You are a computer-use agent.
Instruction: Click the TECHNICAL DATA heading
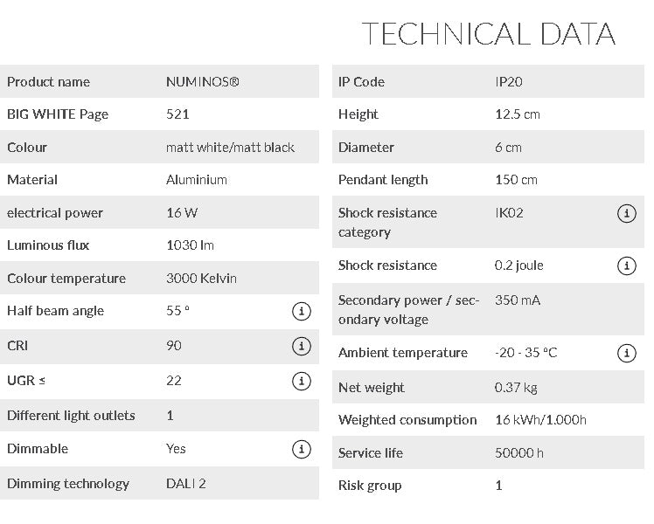coord(488,34)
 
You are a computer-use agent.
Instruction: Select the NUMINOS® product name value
coord(202,82)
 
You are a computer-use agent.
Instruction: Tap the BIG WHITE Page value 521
coord(177,114)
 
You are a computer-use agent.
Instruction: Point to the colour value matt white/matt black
coord(230,148)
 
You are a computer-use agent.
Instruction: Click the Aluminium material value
coord(197,180)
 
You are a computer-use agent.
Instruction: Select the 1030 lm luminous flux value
coord(190,245)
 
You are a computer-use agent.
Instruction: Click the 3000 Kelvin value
coord(201,279)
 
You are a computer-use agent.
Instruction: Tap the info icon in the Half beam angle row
coord(301,312)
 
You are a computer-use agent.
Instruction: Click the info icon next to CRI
coord(301,347)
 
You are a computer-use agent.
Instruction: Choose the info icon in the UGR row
coord(301,381)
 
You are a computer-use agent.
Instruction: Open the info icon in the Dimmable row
coord(301,450)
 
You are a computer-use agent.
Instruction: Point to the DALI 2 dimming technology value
coord(186,484)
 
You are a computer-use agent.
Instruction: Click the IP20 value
coord(509,82)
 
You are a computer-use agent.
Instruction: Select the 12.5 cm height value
coord(518,114)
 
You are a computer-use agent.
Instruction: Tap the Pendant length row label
coord(383,180)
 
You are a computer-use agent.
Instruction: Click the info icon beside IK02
coord(626,214)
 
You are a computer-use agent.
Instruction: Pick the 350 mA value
coord(518,300)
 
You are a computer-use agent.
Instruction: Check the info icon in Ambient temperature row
coord(626,354)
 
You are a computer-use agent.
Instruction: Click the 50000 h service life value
coord(519,453)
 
